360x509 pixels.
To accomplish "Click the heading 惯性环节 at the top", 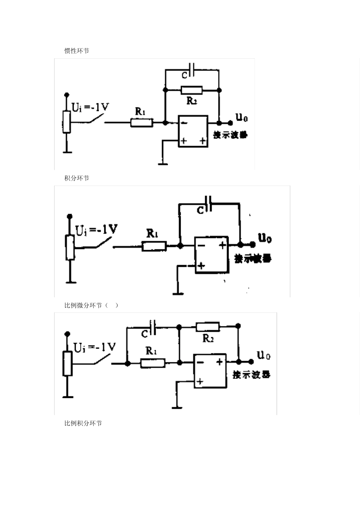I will [x=77, y=51].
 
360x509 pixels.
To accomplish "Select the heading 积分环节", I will [x=77, y=178].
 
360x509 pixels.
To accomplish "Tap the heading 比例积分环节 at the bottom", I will [x=83, y=423].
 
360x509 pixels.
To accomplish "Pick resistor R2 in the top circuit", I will [x=192, y=90].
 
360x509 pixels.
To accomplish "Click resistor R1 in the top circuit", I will [x=142, y=122].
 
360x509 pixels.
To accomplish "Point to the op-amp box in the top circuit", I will [x=193, y=131].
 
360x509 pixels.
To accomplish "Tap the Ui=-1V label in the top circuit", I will [x=90, y=108].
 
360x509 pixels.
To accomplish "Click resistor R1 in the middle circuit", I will [x=154, y=247].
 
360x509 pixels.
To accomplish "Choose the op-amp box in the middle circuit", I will [x=211, y=254].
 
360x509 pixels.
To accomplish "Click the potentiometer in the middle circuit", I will [x=70, y=247].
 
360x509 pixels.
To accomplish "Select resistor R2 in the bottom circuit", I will [x=208, y=326].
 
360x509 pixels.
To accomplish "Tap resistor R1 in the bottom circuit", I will [x=153, y=363].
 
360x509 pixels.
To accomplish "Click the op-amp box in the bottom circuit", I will [x=210, y=371].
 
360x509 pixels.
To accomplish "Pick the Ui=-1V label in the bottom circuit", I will [x=95, y=347].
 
